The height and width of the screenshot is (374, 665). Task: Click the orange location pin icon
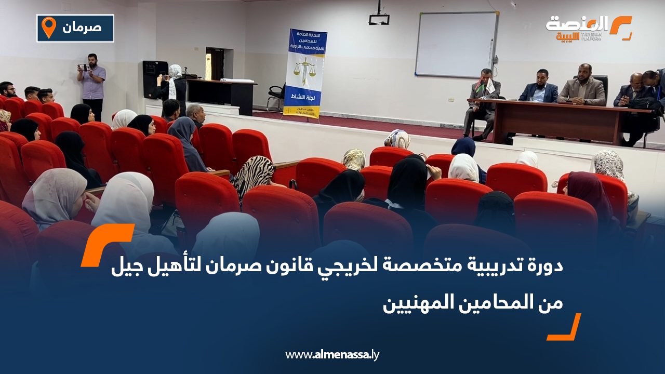point(49,28)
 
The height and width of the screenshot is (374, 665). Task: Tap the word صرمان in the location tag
point(82,27)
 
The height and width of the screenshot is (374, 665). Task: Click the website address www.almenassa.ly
point(332,355)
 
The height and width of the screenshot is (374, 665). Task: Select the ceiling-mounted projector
point(379,19)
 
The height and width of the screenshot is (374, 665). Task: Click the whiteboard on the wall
point(456,45)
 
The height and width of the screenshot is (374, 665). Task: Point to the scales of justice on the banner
point(304,70)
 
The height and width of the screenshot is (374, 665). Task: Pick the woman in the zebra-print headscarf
point(254,174)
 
